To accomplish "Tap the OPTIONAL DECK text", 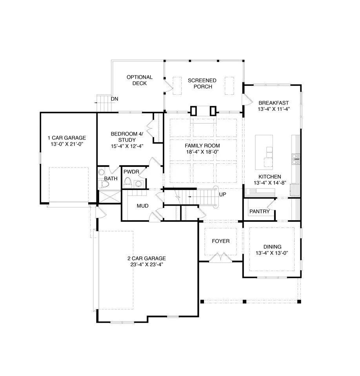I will [x=139, y=80].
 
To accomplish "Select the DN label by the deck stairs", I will [x=114, y=99].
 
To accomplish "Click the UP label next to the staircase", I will [x=222, y=194].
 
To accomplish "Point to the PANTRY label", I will [x=259, y=212].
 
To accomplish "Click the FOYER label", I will [x=220, y=241].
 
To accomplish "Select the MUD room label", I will [x=142, y=206].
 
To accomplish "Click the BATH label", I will [x=111, y=179].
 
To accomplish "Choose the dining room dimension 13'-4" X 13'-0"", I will [x=272, y=253].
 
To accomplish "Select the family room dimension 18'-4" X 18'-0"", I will [x=202, y=152].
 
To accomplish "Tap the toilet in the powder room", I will [x=128, y=182].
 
